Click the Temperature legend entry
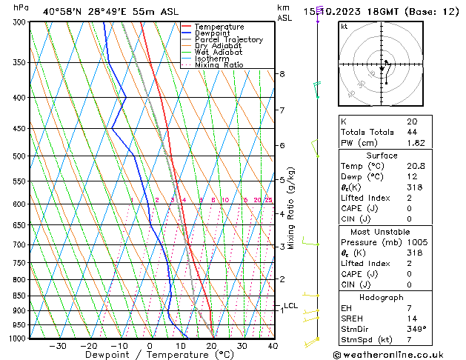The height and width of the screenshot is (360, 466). coord(220,27)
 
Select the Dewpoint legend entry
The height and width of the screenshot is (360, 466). coord(216,33)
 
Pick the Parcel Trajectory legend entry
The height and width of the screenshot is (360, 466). coord(228,40)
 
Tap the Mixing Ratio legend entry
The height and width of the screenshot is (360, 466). coord(219,65)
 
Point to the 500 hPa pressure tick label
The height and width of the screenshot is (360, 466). coord(19,156)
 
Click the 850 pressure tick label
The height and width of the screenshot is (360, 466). coord(19,296)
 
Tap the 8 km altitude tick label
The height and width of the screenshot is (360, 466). coord(282,74)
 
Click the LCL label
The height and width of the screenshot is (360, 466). coord(290,305)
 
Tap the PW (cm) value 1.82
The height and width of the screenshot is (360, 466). coord(416,142)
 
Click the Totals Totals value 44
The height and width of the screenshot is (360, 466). coord(411,132)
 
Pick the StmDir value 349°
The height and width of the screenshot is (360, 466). coord(417,329)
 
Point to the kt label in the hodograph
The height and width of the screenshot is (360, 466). coord(344,27)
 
